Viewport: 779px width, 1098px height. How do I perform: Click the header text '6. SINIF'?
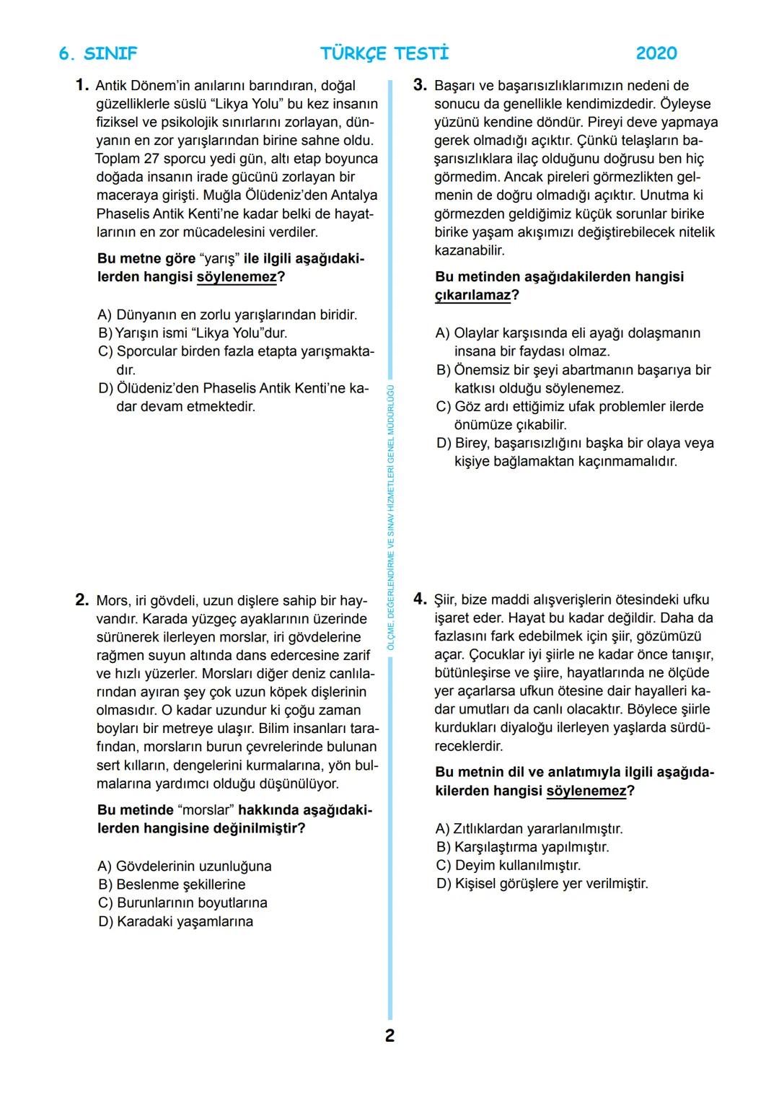(x=97, y=53)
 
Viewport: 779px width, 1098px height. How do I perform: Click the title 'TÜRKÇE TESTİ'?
(x=384, y=53)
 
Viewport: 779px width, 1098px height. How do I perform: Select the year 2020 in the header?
(x=656, y=53)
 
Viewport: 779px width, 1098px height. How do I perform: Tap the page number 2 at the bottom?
(x=389, y=1036)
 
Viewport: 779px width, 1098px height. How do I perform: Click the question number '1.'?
(x=82, y=86)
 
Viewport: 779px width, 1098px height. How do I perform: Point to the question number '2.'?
(x=82, y=600)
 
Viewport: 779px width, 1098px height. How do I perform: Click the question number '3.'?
(x=421, y=86)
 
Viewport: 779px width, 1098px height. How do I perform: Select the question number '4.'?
(x=421, y=599)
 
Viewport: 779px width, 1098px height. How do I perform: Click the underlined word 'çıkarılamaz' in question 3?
(x=472, y=295)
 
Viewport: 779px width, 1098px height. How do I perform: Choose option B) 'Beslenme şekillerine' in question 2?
(x=172, y=884)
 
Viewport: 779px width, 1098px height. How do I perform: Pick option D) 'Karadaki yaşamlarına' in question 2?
(x=175, y=921)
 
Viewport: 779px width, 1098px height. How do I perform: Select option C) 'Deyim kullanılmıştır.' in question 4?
(x=509, y=865)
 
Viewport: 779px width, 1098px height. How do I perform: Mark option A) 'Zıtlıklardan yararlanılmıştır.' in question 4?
(x=529, y=829)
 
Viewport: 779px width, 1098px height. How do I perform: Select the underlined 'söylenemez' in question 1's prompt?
(x=237, y=278)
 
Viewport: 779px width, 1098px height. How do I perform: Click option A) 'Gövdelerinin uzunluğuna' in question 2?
(x=185, y=866)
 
